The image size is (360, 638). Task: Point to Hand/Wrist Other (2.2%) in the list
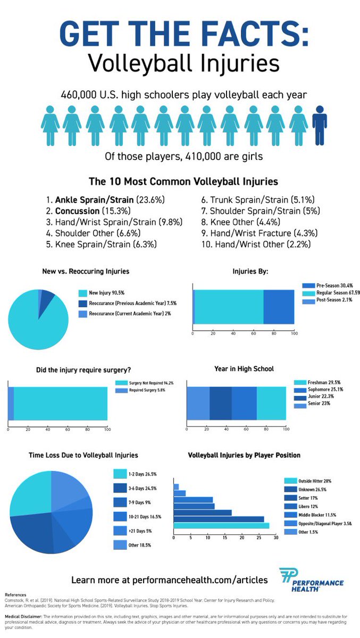coord(263,245)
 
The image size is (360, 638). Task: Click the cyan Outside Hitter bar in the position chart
coord(221,525)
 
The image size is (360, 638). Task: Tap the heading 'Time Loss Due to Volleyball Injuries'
coord(83,455)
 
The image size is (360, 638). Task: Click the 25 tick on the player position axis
coord(258,539)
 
